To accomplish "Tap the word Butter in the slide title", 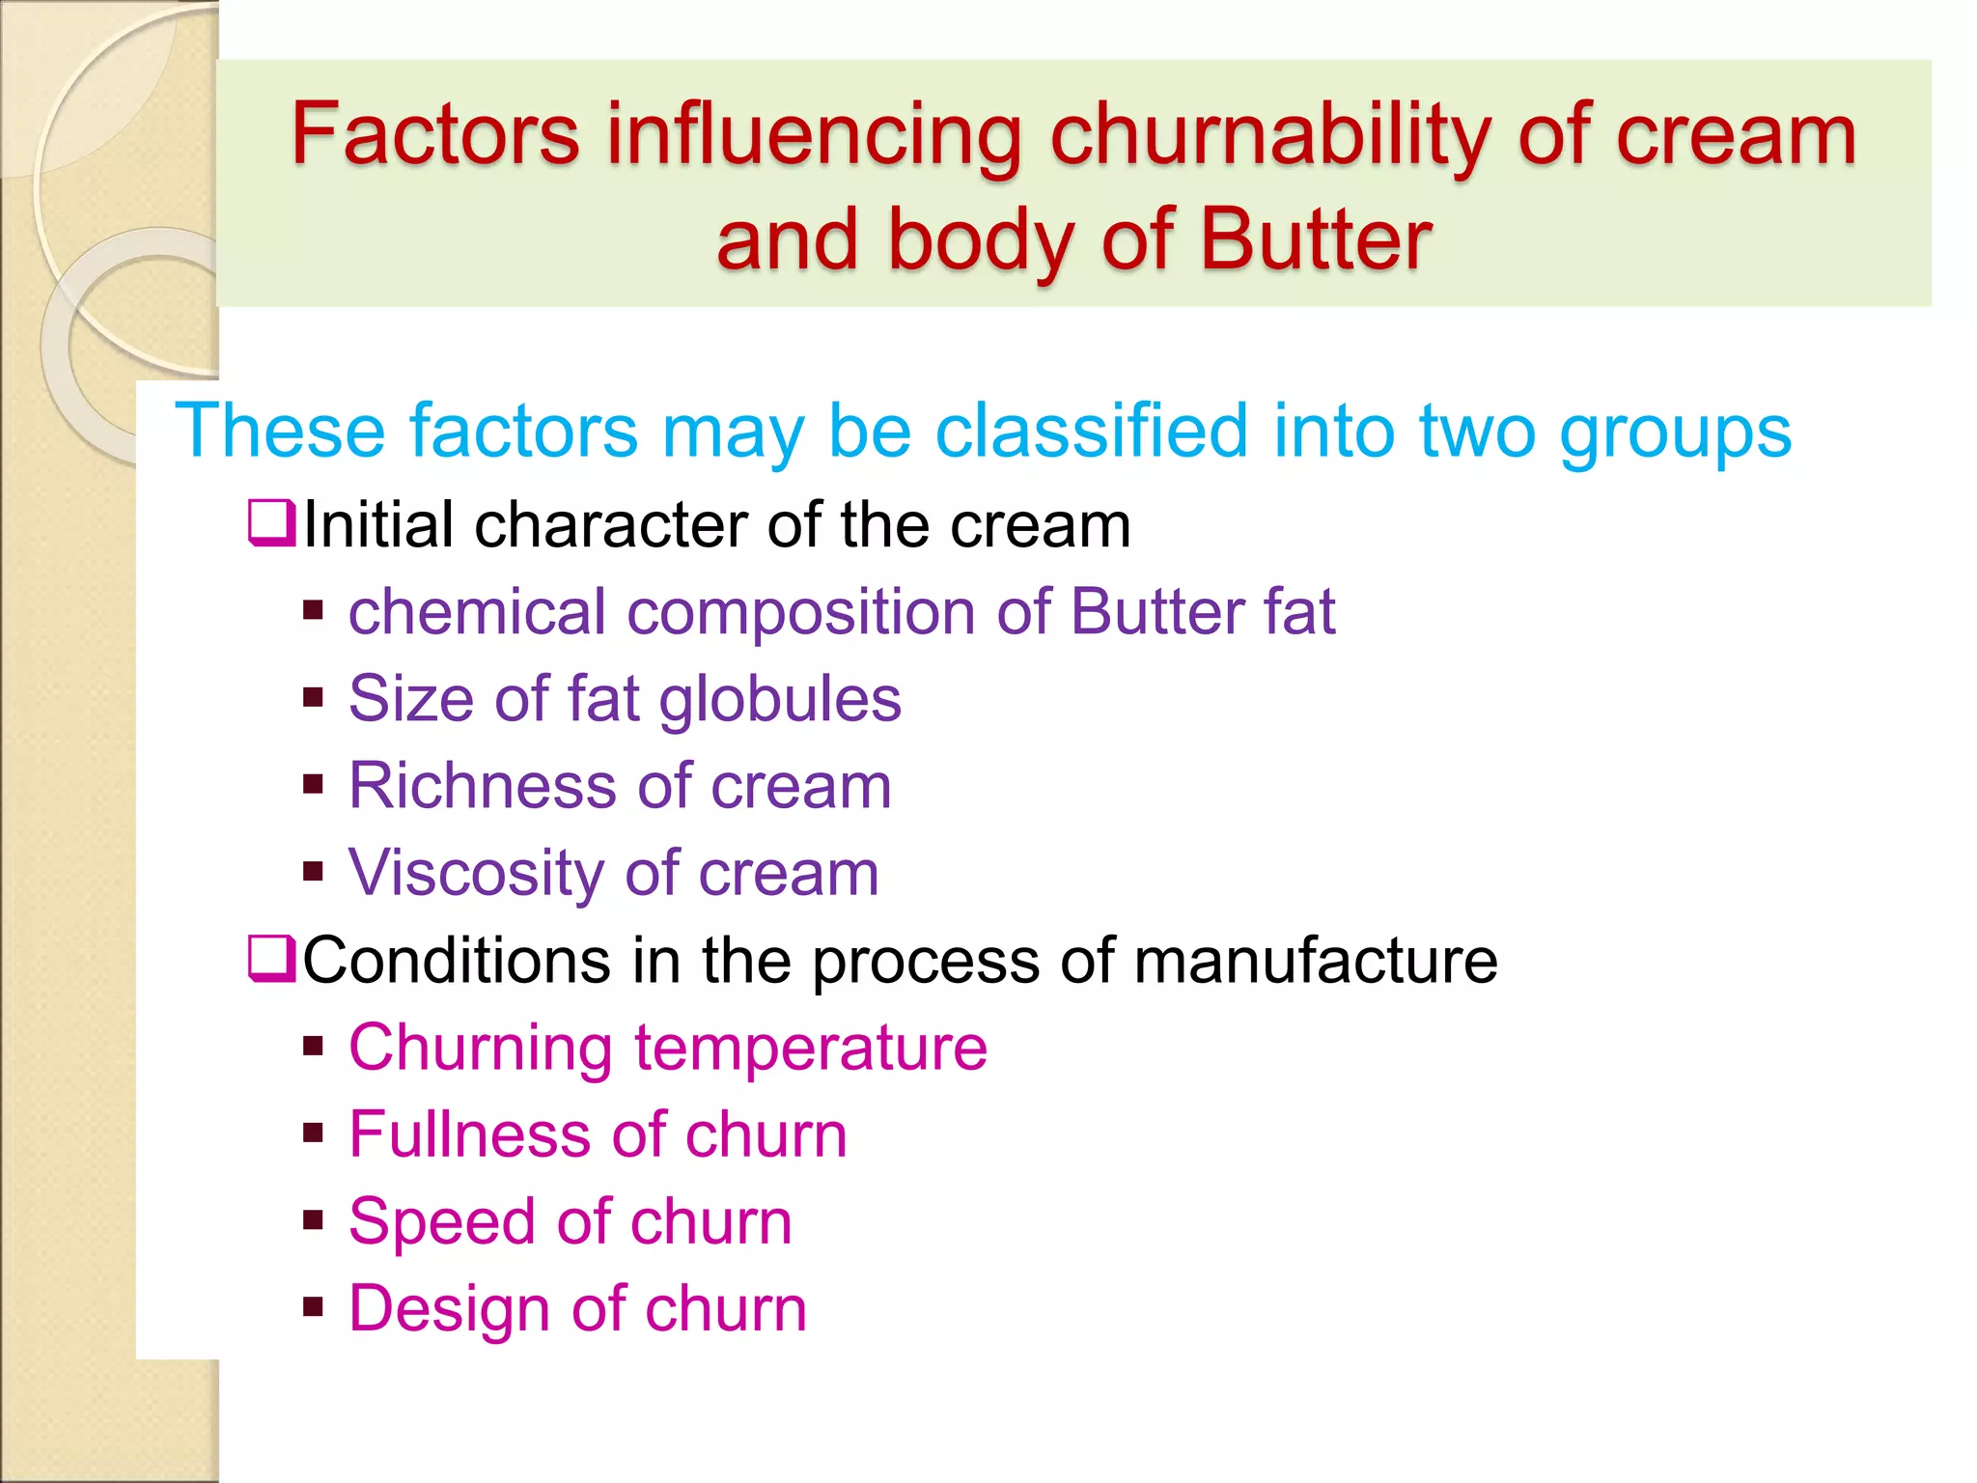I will click(1316, 239).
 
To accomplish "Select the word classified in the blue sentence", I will click(1092, 431).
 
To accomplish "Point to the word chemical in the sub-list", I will click(477, 612).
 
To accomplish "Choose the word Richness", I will click(482, 786).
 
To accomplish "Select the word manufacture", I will click(1315, 961).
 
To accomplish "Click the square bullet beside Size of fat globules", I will click(313, 697).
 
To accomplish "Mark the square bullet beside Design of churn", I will click(313, 1308).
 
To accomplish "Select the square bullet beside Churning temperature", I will click(313, 1047).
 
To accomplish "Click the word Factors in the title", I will click(435, 135).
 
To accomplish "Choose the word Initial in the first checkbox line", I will click(377, 525).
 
